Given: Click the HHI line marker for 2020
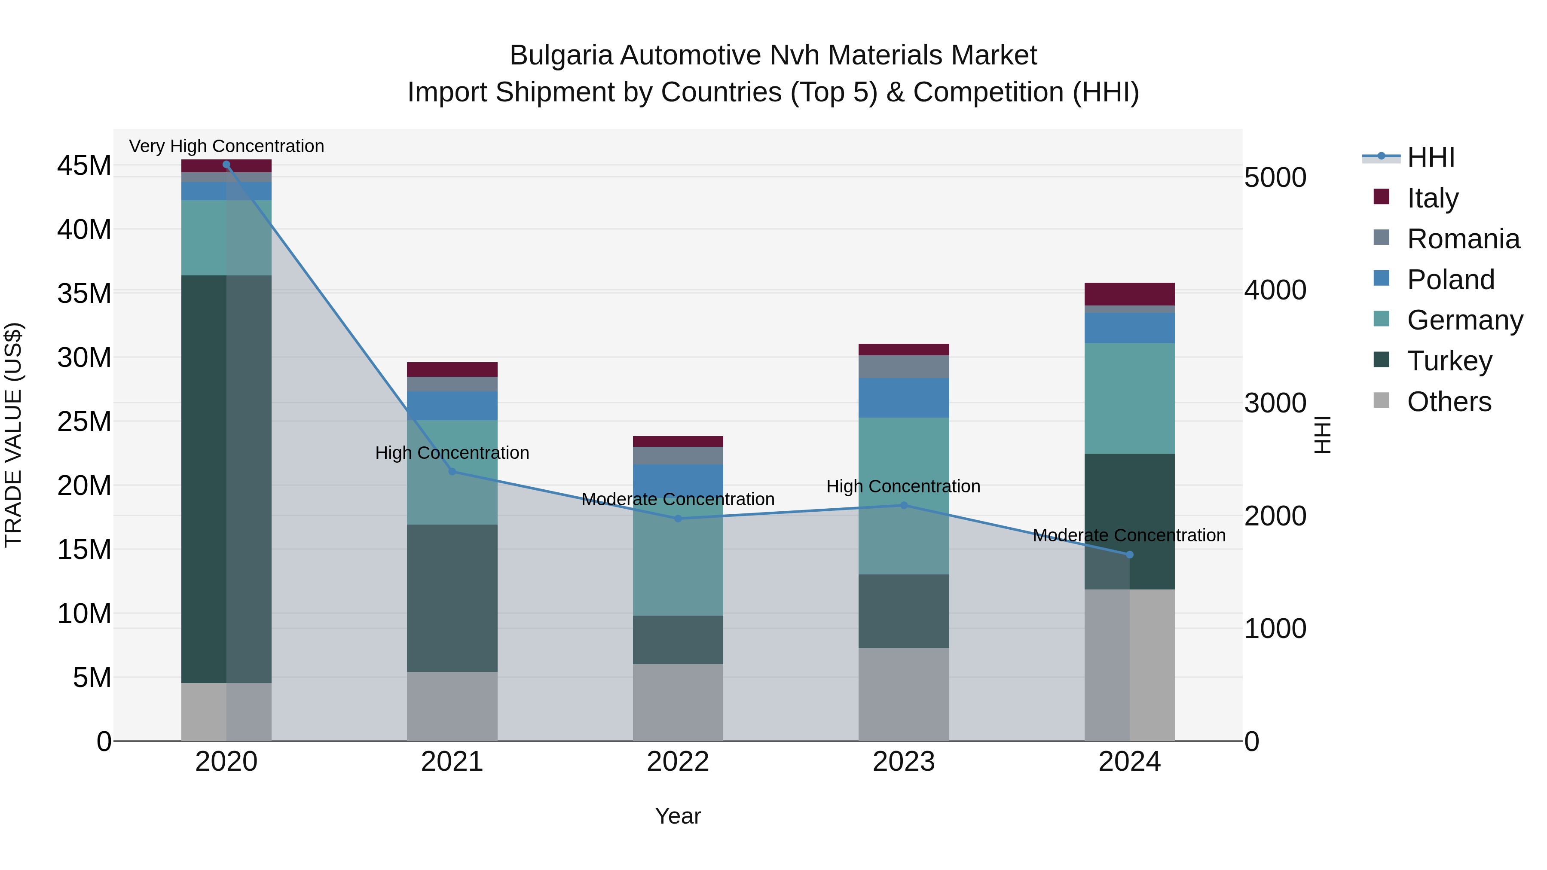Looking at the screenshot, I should [x=226, y=165].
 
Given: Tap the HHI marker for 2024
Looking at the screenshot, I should [x=1130, y=555].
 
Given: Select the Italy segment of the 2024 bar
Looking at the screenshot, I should [x=1130, y=294].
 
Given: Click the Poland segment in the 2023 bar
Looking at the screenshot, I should [x=904, y=397].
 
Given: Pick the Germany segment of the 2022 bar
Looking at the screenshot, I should [x=678, y=556].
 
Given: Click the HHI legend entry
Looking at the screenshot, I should [x=1431, y=157].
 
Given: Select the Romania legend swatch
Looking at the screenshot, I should [x=1381, y=238].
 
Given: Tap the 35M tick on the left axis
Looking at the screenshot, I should [x=84, y=293].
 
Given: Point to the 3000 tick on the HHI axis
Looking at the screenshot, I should [x=1275, y=403].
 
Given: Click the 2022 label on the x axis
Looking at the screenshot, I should [x=678, y=762].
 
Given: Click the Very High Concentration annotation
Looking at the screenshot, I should [x=226, y=146].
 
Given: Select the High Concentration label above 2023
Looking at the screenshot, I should [x=903, y=486].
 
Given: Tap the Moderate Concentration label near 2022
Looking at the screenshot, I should [x=678, y=500].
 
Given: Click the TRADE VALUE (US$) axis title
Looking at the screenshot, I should [x=13, y=435].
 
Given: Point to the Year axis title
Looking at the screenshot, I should [x=678, y=816].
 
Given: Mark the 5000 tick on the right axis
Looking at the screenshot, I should [x=1275, y=178].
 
